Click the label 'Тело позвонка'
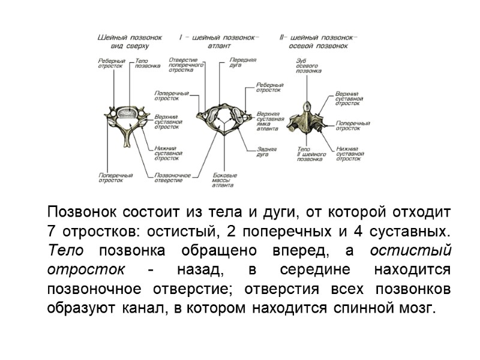coord(148,64)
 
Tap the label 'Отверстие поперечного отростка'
coord(181,65)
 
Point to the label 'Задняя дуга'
coord(266,152)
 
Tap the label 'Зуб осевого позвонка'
coord(309,65)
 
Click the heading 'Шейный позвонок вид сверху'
coord(130,41)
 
